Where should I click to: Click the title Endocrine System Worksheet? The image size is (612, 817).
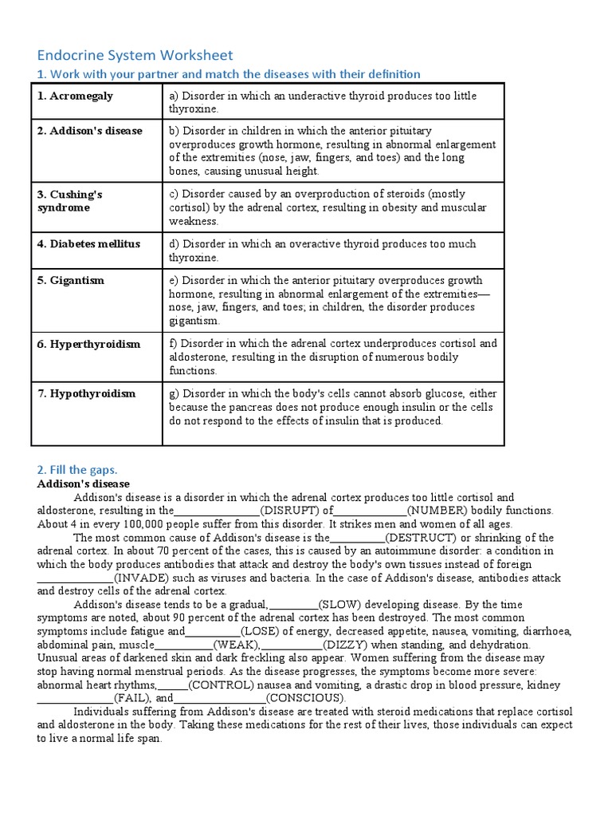tap(135, 55)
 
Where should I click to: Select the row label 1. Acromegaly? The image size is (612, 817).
tap(75, 96)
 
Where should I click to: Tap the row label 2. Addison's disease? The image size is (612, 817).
tap(89, 131)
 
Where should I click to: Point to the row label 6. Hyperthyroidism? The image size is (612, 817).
tap(88, 344)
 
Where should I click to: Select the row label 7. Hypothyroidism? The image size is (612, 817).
tap(86, 393)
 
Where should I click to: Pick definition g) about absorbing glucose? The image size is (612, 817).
tap(331, 407)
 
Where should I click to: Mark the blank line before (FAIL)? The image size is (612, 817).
tap(75, 698)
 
